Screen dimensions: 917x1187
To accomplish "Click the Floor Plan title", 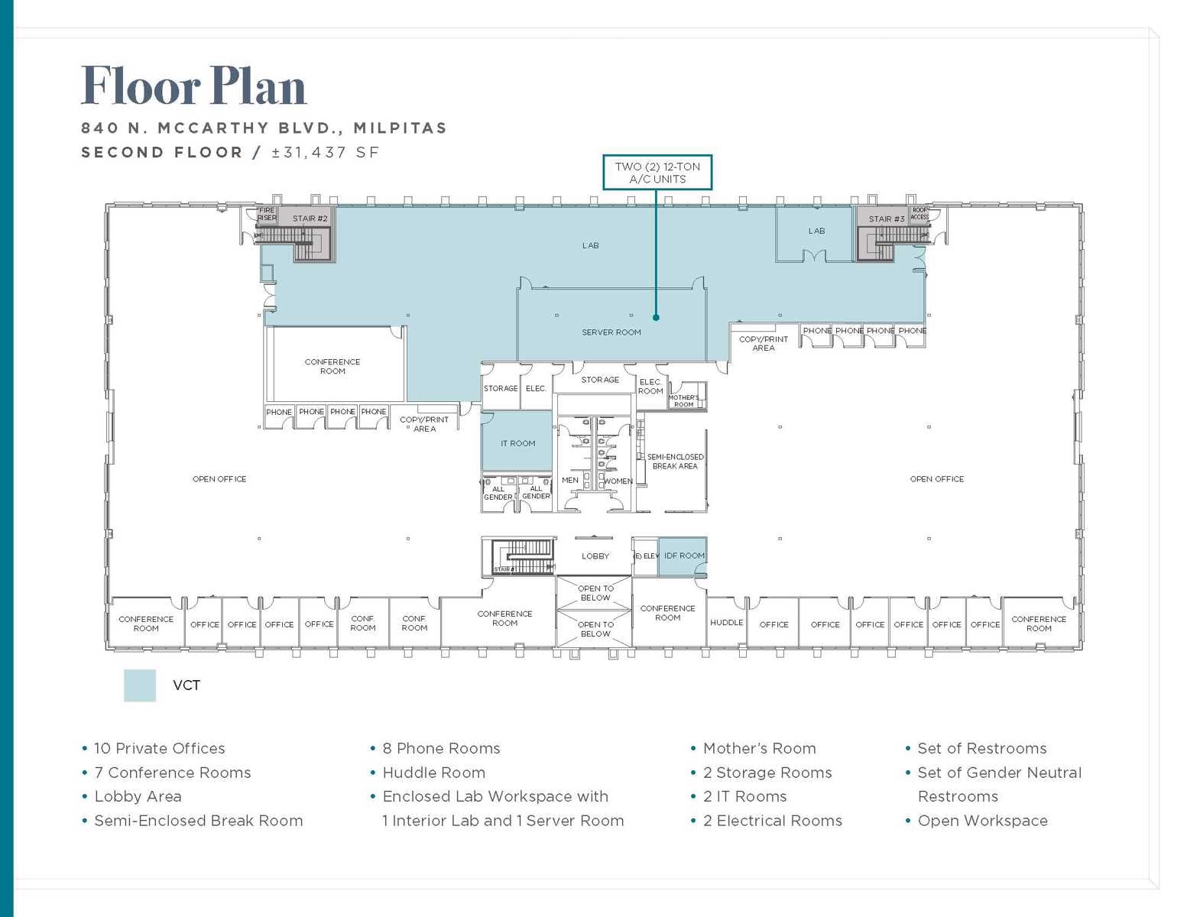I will click(193, 86).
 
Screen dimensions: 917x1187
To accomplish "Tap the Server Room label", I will click(611, 332).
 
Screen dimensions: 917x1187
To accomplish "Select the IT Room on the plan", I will click(517, 443).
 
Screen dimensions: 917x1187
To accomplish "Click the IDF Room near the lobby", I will click(683, 556).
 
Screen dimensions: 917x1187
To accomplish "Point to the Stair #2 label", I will click(310, 219).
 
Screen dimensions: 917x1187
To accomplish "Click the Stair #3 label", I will click(886, 219).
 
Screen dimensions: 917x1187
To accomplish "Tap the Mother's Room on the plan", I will click(683, 400).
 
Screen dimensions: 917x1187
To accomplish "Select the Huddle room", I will click(726, 623).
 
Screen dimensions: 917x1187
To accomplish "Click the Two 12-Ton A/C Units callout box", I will click(657, 173).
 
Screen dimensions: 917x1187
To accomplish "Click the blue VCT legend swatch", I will click(140, 685).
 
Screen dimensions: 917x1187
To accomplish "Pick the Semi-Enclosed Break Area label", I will click(675, 462).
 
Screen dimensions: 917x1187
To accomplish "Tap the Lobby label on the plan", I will click(595, 556).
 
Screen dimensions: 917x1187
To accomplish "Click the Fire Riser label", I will click(267, 214).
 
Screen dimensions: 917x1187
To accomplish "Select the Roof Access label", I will click(919, 213).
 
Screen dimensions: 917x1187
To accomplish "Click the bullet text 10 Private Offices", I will click(159, 749).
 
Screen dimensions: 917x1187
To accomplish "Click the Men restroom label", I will click(570, 481).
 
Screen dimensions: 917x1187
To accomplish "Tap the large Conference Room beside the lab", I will click(332, 367).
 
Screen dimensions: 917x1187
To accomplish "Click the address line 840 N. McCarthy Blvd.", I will click(264, 128).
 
